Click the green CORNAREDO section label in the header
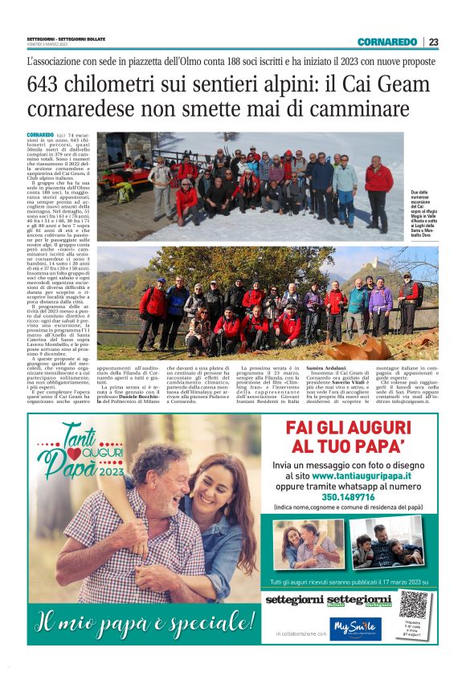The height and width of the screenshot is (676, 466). click(x=387, y=42)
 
